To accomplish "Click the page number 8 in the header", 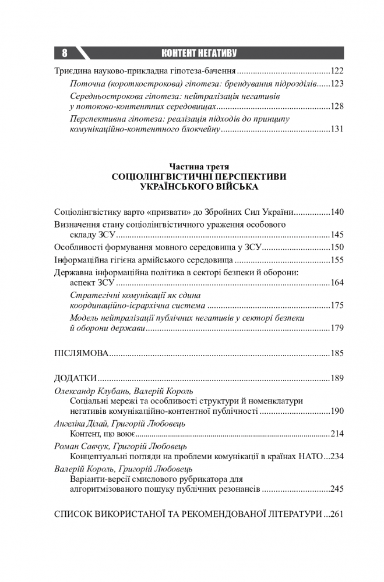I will tap(64, 54).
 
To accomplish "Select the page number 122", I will tap(337, 71).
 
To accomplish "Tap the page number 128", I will tap(337, 107).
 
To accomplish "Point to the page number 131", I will tap(337, 130).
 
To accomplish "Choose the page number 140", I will tap(337, 212).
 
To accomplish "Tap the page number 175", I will tap(337, 306).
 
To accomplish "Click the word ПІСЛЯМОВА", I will tap(82, 353).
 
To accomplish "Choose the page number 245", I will tap(337, 489).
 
